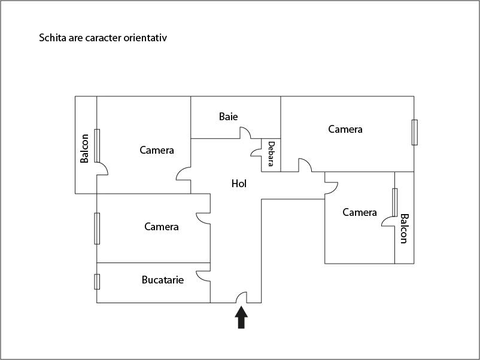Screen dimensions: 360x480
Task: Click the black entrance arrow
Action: [x=241, y=318]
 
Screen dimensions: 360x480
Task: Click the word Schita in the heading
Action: [x=52, y=38]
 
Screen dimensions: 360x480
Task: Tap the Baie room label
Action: [x=228, y=117]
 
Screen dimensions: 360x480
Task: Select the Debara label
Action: [x=271, y=154]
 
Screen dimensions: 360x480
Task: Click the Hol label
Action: [x=239, y=184]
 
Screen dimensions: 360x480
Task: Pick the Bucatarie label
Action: [x=162, y=279]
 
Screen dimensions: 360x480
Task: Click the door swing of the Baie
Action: [x=245, y=133]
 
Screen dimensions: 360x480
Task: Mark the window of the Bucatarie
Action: [x=97, y=281]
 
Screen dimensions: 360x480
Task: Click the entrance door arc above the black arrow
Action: [x=241, y=297]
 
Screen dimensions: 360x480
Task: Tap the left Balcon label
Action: [x=85, y=148]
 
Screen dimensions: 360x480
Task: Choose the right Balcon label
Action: [x=404, y=228]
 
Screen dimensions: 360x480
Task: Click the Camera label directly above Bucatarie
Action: [x=161, y=227]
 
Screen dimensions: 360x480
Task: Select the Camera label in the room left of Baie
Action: [x=157, y=150]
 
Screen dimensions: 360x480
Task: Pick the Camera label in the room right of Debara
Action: [x=345, y=129]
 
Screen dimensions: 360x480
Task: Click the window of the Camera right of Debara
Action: [x=414, y=132]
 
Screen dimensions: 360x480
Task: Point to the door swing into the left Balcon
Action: [x=102, y=169]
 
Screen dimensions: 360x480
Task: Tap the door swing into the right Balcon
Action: [x=388, y=221]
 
